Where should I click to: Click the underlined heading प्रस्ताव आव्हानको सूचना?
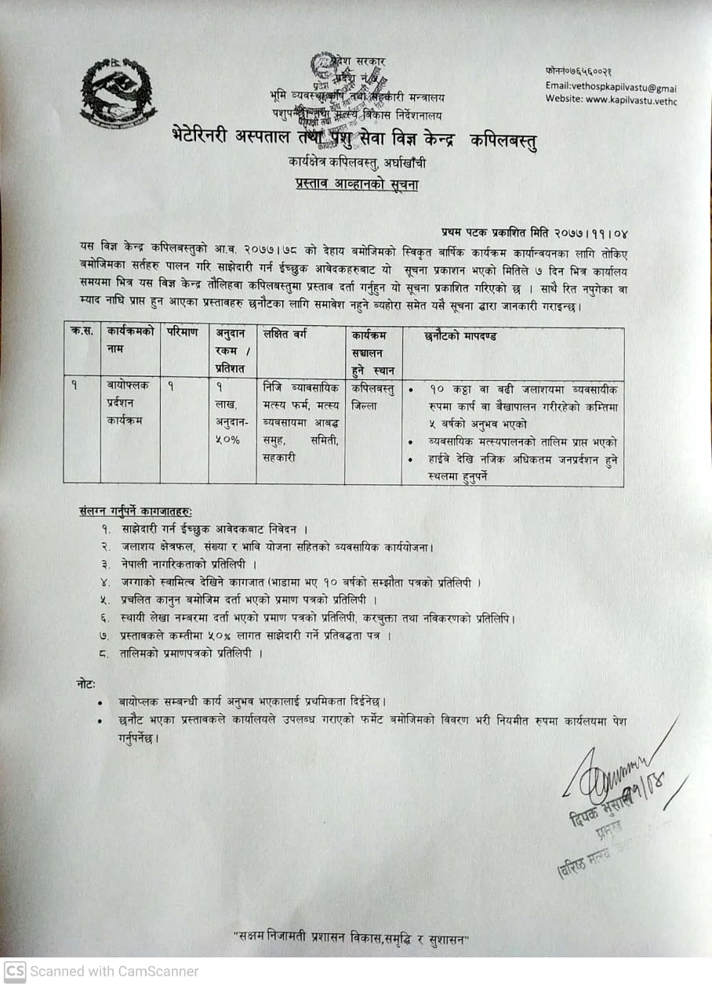(x=357, y=185)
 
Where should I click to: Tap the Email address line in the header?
(x=611, y=88)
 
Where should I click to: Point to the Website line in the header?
(x=611, y=100)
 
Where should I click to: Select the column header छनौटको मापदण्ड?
(x=460, y=336)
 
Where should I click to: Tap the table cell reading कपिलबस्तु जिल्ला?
(x=372, y=396)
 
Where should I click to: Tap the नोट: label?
(x=86, y=683)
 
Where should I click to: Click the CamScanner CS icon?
(x=15, y=972)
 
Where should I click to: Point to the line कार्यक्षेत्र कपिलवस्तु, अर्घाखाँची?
(x=357, y=164)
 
